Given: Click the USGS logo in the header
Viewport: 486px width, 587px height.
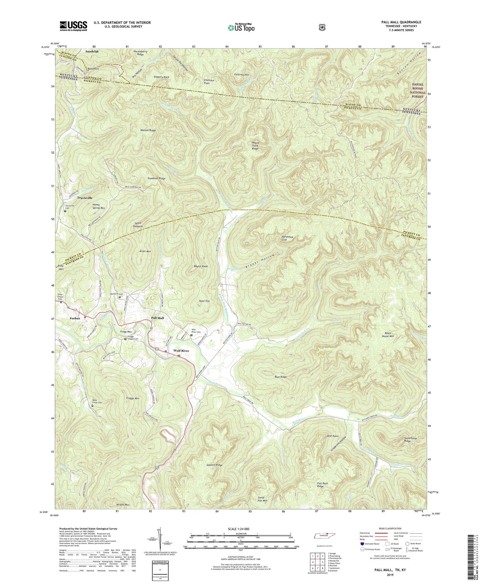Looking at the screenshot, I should coord(74,26).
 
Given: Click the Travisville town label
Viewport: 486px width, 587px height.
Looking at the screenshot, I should coord(85,198).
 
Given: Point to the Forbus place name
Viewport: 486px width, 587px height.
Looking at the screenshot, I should coord(75,318).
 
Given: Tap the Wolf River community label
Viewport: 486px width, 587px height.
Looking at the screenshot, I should coord(181,351).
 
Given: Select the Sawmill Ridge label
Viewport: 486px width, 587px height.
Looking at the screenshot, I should coord(214,465).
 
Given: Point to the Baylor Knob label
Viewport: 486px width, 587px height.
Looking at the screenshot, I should coord(201,266).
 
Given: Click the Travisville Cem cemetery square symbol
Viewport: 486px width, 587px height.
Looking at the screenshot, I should coord(65,211).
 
